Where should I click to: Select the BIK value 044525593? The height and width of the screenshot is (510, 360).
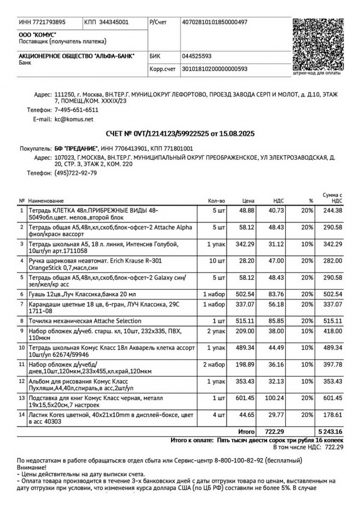[x=197, y=56]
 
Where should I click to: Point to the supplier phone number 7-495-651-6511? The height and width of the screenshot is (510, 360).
[x=76, y=110]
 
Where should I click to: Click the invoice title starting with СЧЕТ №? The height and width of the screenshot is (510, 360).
[x=180, y=133]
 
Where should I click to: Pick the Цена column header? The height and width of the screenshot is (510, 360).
[x=249, y=201]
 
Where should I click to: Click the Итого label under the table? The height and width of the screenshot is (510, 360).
[x=246, y=431]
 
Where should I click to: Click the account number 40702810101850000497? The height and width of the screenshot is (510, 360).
[x=214, y=22]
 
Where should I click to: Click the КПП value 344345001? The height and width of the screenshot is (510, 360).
[x=114, y=22]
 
